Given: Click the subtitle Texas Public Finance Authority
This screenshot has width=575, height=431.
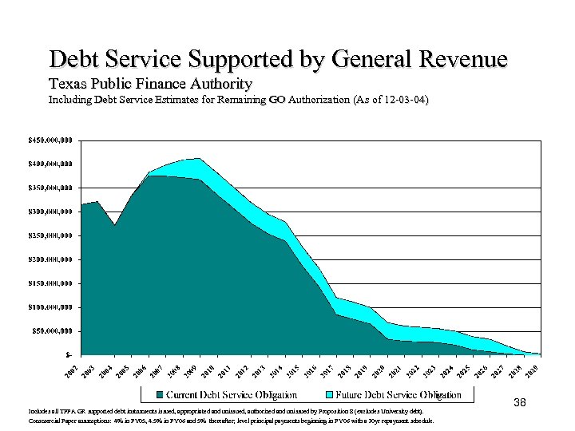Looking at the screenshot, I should (x=150, y=84).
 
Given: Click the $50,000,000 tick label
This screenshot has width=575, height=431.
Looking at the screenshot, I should (x=50, y=330).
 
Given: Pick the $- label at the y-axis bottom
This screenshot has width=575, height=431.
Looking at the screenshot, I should (x=69, y=354).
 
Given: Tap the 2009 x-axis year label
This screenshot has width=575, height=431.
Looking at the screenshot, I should (x=189, y=370).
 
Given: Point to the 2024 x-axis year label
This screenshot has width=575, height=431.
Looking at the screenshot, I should (x=446, y=370).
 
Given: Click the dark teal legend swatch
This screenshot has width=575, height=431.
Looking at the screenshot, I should (x=160, y=394).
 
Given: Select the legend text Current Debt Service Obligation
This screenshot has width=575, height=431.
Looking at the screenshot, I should (x=231, y=394).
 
